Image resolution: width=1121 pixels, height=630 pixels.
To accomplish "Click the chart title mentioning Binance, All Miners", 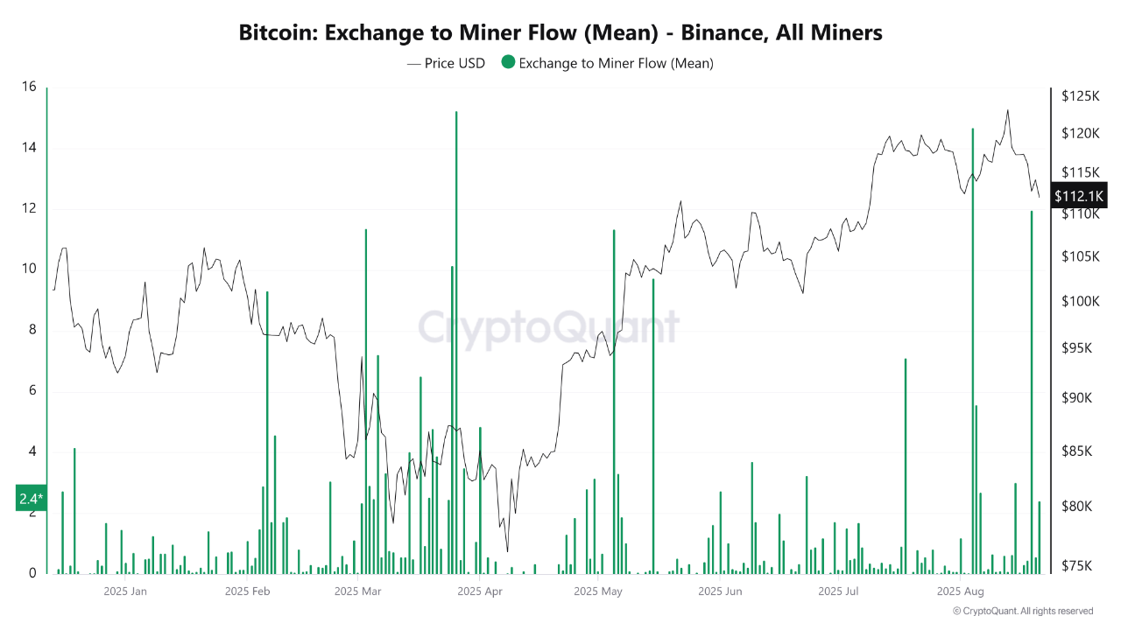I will coord(560,33).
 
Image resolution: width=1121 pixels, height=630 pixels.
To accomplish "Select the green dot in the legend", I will coord(507,63).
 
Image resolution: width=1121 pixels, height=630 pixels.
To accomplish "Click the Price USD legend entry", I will coord(446,63).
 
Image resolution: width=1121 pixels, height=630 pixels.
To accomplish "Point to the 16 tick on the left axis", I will coord(29,87).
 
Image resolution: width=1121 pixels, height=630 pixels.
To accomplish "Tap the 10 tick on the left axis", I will coord(29,269).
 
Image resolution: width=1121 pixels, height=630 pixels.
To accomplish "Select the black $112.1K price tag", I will coord(1080,195).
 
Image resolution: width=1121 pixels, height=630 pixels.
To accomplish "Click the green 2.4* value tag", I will coord(31,499).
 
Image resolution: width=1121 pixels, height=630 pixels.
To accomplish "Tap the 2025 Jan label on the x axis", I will coord(125,591).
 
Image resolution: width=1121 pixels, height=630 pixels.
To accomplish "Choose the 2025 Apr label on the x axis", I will coord(480,591).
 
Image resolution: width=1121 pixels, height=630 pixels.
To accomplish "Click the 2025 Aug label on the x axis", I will coord(961,591).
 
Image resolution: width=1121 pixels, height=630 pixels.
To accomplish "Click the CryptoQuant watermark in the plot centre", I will coord(548,328).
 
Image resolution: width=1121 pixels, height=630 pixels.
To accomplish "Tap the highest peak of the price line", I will coord(1008,110).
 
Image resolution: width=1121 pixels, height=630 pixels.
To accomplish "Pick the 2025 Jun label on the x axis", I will coord(720,591).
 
